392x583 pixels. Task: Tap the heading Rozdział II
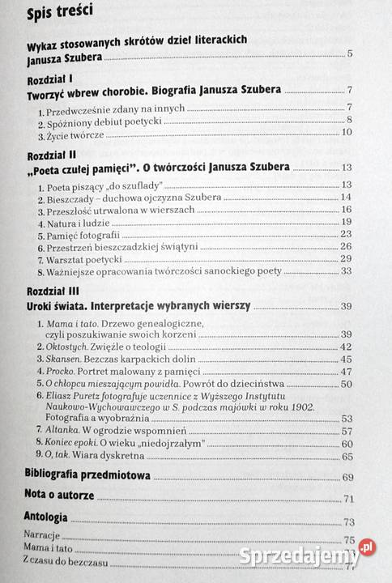tap(51, 153)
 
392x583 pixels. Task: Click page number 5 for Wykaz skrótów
tap(349, 54)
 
